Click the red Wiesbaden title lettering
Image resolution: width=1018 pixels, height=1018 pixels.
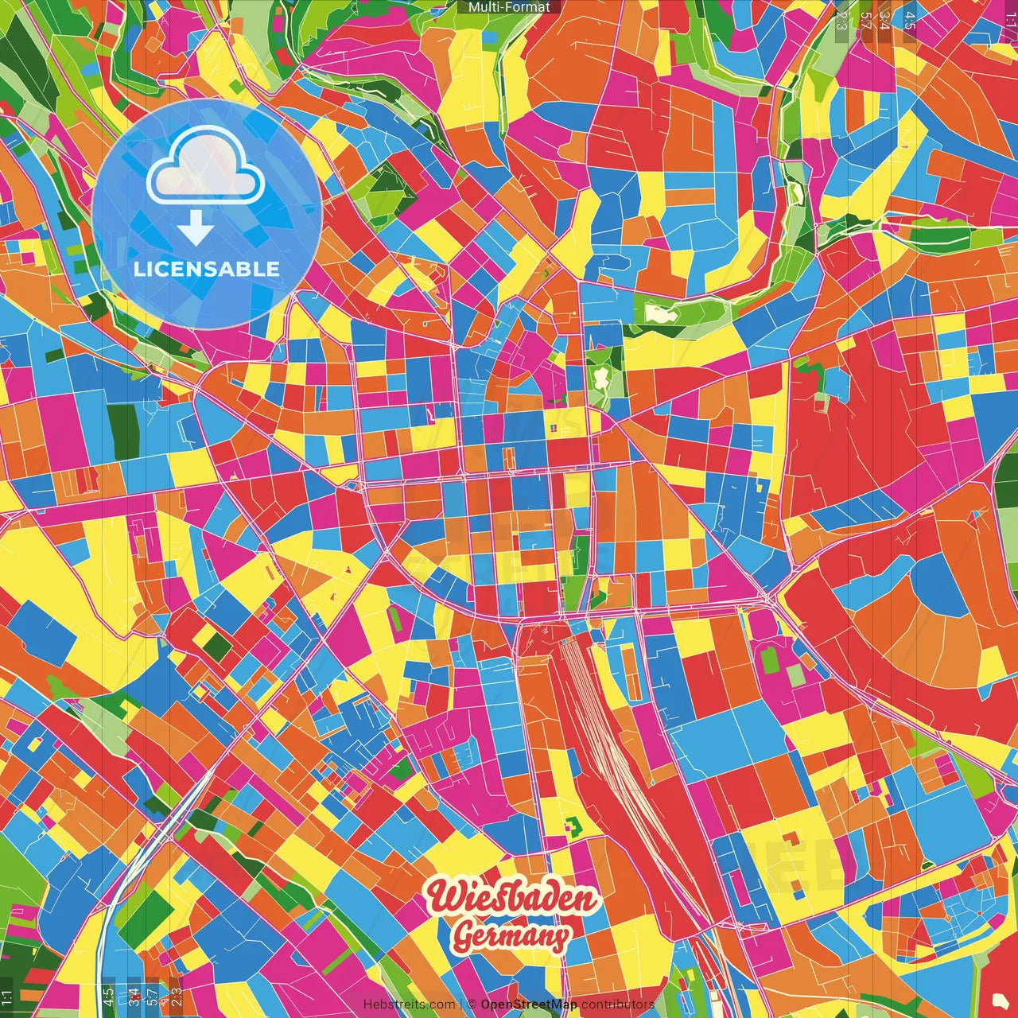point(511,898)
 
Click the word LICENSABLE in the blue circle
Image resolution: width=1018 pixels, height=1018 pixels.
point(207,269)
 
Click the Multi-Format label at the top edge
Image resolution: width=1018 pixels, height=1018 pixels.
point(509,7)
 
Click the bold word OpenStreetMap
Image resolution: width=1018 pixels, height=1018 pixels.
point(529,1004)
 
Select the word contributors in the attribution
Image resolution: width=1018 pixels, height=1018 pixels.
point(618,1004)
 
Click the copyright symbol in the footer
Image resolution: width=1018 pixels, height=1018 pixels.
point(472,1004)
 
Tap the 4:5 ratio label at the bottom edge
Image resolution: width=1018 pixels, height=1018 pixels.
point(107,996)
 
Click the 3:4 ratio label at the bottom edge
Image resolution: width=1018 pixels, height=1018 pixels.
point(134,996)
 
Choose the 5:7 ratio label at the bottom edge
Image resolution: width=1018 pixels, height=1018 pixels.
point(153,996)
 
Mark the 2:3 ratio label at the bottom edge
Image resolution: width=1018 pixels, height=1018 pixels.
point(177,996)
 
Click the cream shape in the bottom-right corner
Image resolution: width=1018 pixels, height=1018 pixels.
point(1000,1000)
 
